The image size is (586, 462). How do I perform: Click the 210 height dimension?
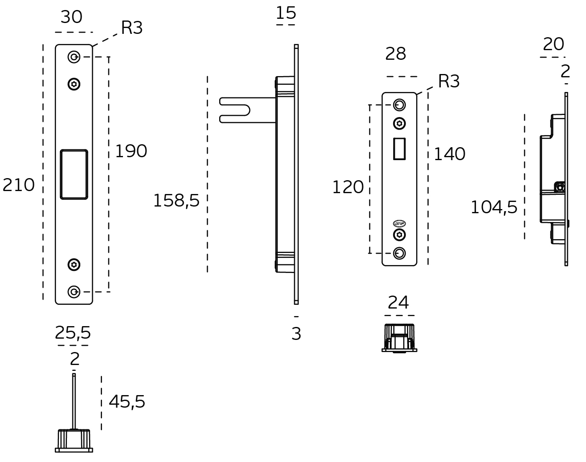coord(18,185)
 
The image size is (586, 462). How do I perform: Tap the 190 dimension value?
coord(131,151)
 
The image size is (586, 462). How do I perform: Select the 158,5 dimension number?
coord(176,201)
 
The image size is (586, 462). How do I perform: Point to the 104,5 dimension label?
coord(494,207)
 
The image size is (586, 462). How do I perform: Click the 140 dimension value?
coord(449,154)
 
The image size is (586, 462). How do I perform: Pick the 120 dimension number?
coord(348,187)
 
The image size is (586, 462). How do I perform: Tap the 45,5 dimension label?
coord(127,402)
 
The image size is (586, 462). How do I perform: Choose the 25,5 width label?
coord(73,333)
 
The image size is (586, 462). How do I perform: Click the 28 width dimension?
coord(395,54)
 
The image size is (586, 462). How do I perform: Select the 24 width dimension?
coord(398,302)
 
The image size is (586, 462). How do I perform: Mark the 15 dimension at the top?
coord(286,13)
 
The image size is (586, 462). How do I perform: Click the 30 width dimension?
coord(72,17)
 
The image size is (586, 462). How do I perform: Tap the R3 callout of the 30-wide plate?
coord(132,28)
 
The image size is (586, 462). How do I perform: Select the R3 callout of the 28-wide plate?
coord(449,82)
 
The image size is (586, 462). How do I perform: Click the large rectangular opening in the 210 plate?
coord(74,174)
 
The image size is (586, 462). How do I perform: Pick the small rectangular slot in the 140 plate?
coord(399,149)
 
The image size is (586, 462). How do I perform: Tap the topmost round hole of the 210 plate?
coord(74,57)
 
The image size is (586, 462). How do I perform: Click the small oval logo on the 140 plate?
coord(399,223)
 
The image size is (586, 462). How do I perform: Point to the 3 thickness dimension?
coord(296,334)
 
